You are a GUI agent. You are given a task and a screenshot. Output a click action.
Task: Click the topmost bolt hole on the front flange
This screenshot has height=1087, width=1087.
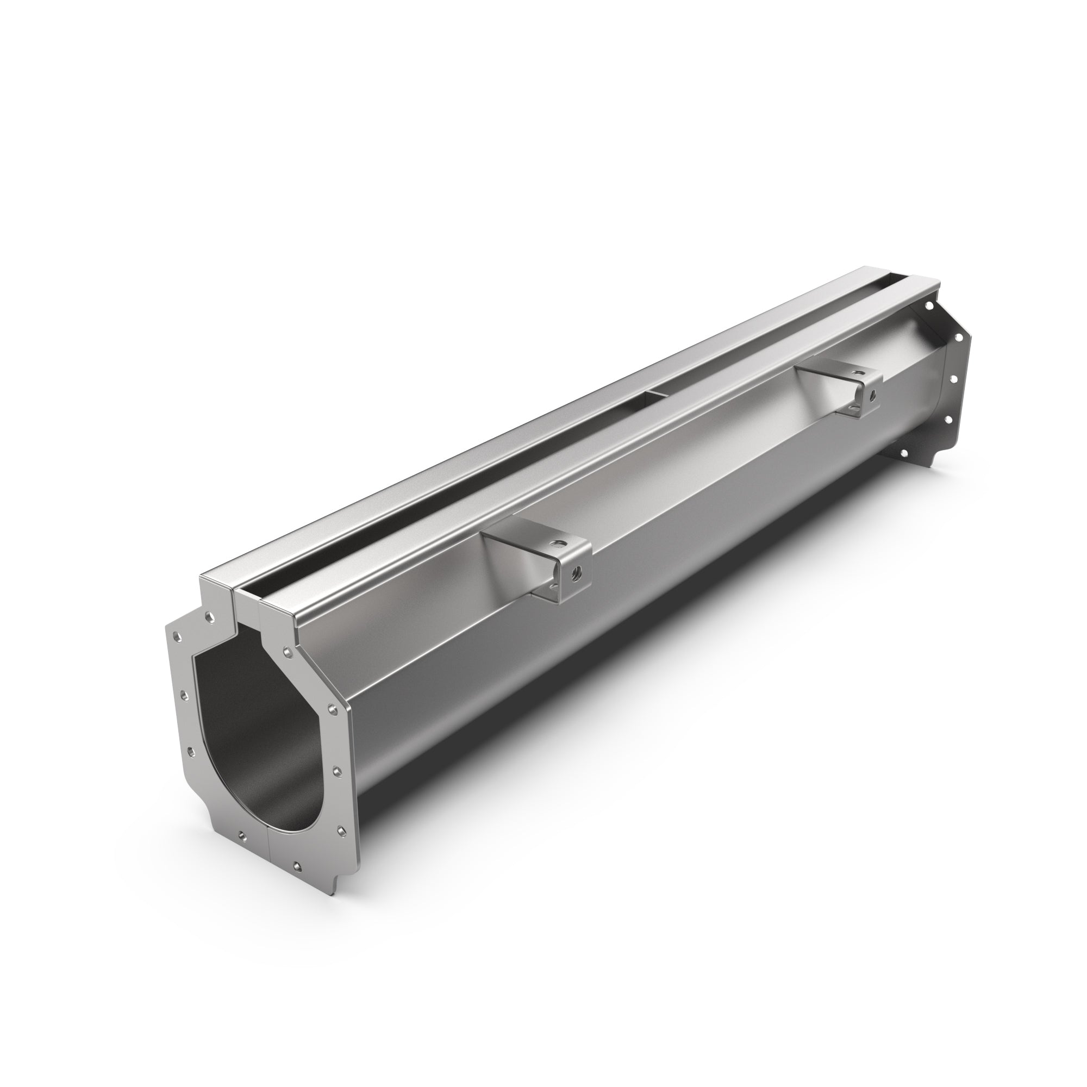click(x=210, y=617)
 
